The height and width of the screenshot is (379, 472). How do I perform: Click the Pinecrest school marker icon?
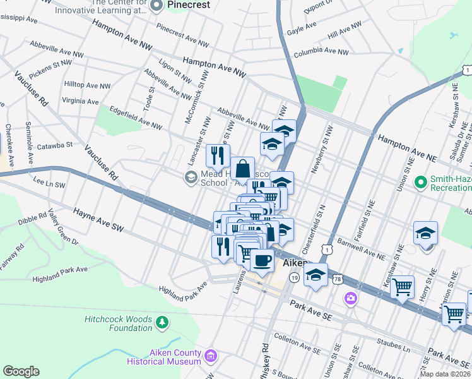click(x=157, y=5)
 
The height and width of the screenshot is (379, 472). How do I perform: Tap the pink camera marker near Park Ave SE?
click(x=350, y=297)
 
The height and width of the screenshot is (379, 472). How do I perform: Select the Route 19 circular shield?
click(x=295, y=277)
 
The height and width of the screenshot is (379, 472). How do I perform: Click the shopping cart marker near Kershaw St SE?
click(x=402, y=287)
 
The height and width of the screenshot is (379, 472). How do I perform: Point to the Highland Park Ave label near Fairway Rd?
click(x=60, y=270)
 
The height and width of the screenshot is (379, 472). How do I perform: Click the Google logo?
click(x=21, y=371)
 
